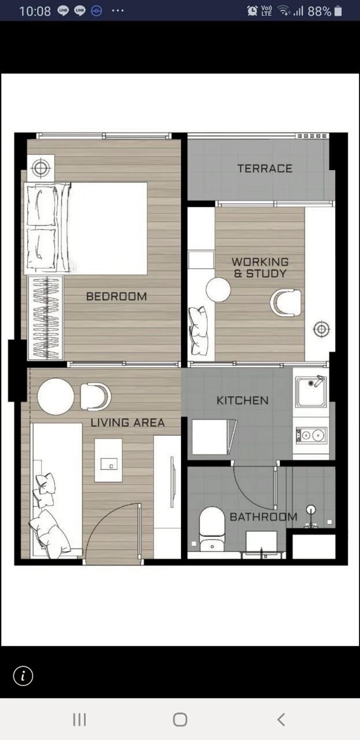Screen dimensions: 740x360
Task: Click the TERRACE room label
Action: point(265,168)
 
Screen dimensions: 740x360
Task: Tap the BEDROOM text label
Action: point(116,297)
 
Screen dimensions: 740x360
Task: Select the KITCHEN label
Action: point(242,400)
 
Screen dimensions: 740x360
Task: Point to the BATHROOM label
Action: point(263,517)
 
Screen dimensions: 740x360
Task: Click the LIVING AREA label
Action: point(127,423)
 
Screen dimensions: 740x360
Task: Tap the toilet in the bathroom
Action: point(212,528)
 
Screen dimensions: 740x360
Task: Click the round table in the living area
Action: point(56,396)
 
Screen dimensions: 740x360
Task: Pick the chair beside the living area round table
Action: point(95,396)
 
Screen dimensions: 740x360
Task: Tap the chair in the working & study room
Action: point(286,303)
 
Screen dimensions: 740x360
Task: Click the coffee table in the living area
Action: point(108,460)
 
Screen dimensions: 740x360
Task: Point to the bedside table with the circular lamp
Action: point(41,168)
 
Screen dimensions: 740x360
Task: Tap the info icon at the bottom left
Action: point(23,676)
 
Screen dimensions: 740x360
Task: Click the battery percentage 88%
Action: point(319,11)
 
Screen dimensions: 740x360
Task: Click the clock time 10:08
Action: point(35,11)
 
